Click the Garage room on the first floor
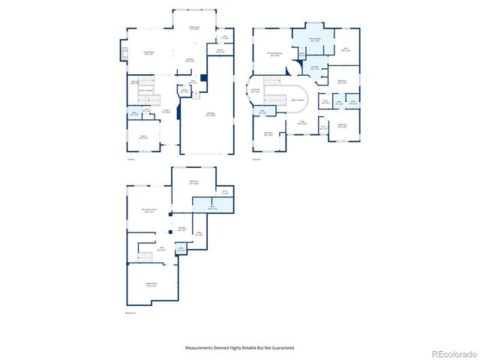point(211,114)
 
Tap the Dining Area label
point(194,29)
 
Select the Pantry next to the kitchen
point(220,51)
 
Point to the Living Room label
point(148,53)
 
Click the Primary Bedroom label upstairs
point(274,54)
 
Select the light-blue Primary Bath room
point(313,39)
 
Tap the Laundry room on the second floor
point(315,68)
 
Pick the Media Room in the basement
point(151,285)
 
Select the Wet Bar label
point(182,229)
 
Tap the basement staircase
point(145,257)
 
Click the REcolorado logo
point(451,353)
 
